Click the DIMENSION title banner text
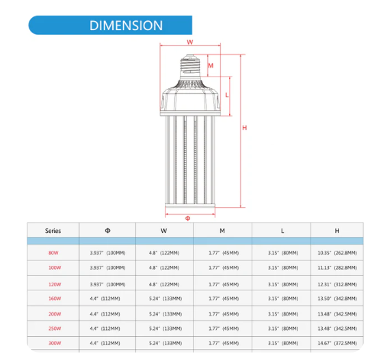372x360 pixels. (x=126, y=25)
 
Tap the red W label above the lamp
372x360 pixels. (x=190, y=42)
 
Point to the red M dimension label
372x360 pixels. (x=211, y=66)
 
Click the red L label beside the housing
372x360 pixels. (x=227, y=95)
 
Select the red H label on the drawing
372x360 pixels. (x=245, y=128)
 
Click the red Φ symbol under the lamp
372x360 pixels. (x=187, y=218)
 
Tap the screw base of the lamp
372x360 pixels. (x=190, y=66)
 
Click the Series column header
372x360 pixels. (x=53, y=231)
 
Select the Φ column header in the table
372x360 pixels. (x=107, y=231)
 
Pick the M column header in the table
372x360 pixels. (x=222, y=231)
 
